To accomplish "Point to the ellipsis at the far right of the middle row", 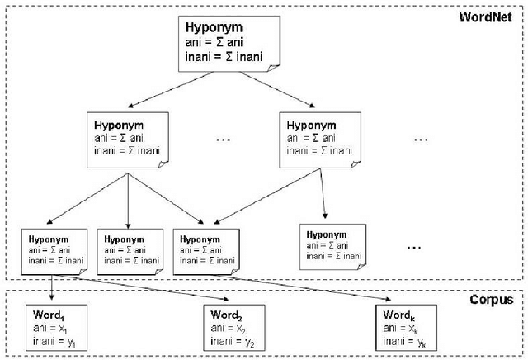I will (x=421, y=140).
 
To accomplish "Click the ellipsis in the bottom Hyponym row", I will (x=414, y=246).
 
